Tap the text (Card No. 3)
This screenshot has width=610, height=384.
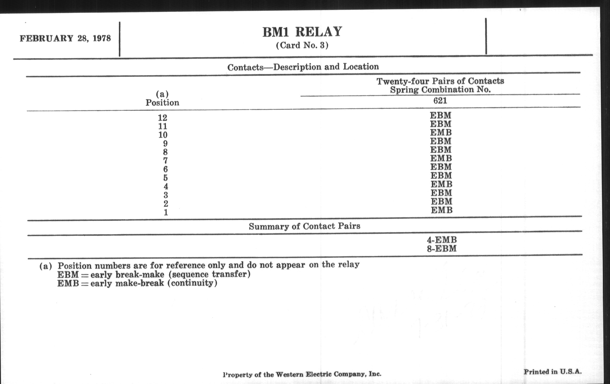pos(302,46)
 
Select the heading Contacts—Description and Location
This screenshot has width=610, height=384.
pos(303,67)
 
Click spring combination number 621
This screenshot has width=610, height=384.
pos(440,101)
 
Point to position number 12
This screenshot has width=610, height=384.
pos(163,118)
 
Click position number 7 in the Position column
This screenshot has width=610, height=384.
pos(165,161)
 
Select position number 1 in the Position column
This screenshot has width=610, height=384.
pos(166,212)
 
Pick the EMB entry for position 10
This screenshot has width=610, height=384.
pos(441,133)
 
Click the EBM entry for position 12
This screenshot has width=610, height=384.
pos(440,116)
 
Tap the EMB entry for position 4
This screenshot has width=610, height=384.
pos(441,184)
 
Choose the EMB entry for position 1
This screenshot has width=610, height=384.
pos(441,210)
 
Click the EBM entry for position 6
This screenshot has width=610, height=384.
pos(441,167)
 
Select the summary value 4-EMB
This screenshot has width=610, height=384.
pos(442,240)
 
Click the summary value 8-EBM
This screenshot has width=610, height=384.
pos(442,249)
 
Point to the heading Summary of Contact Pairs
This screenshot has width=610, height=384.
pos(304,226)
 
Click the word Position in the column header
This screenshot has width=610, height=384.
pos(162,103)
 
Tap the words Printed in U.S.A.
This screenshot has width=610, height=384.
pos(553,372)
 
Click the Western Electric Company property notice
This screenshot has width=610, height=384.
pos(302,374)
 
